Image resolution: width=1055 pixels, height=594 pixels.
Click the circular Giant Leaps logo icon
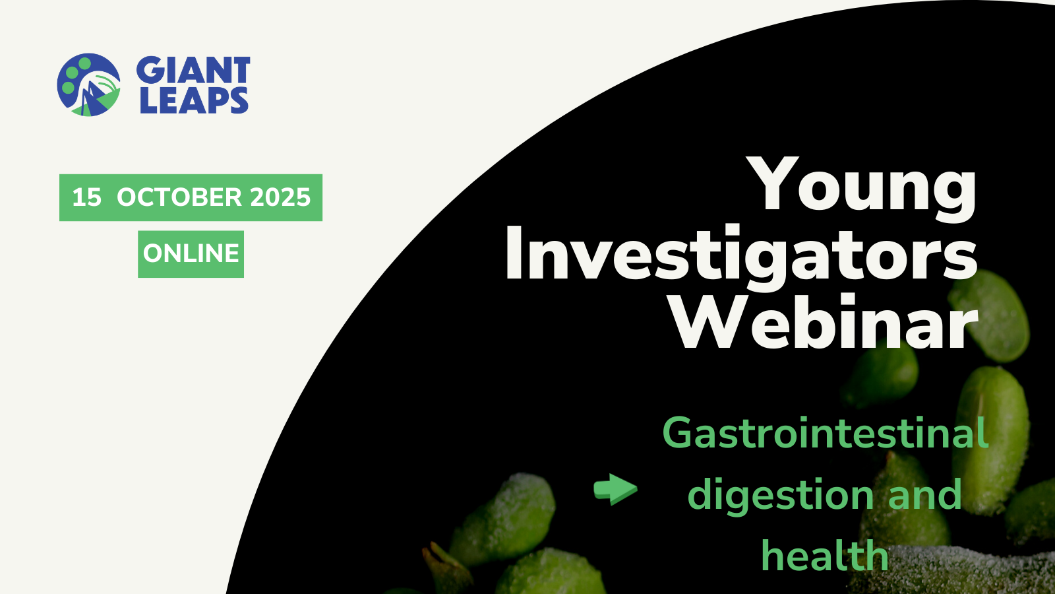[88, 85]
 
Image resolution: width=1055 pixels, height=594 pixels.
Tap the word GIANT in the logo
[193, 70]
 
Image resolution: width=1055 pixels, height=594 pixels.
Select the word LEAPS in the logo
[194, 100]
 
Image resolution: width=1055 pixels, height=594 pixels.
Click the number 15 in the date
[86, 197]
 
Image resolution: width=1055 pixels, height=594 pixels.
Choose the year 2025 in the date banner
[280, 197]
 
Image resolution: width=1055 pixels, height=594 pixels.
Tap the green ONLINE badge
[191, 253]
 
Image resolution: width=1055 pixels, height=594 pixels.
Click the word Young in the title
[861, 189]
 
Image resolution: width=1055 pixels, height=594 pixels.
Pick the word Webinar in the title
[824, 322]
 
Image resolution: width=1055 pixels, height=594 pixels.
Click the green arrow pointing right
[616, 489]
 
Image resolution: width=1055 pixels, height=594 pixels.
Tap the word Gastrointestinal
[825, 433]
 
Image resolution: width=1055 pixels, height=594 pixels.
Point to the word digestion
[781, 495]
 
